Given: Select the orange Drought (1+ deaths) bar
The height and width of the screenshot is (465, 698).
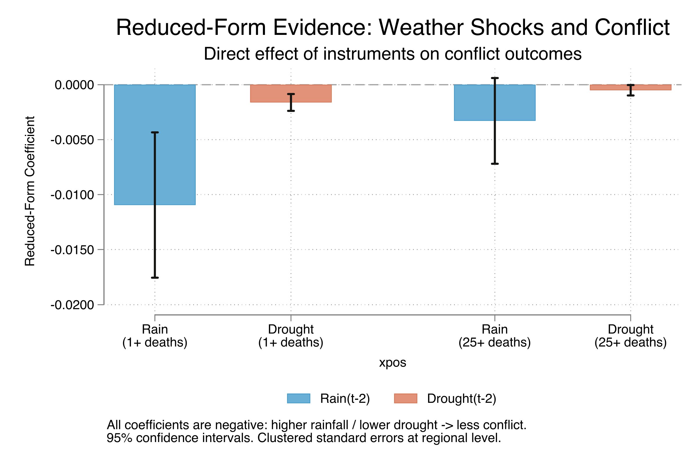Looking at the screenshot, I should click(267, 94).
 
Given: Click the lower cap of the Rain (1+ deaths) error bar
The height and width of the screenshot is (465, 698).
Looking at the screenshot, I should click(155, 278).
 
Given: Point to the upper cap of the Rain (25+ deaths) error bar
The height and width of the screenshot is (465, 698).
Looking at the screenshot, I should click(495, 78).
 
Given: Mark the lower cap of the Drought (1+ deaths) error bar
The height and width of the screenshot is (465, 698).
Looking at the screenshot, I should click(291, 111).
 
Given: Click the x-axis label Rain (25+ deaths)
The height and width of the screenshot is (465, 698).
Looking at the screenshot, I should click(495, 336).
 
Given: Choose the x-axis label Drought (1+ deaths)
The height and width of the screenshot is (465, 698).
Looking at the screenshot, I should click(291, 336).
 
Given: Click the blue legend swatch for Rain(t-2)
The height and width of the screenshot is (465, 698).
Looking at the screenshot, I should click(299, 398).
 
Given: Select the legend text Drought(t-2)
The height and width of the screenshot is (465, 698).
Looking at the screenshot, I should click(462, 398).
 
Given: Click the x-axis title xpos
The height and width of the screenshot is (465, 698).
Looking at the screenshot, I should click(393, 362).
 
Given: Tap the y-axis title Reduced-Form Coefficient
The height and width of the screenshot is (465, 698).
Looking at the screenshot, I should click(30, 191).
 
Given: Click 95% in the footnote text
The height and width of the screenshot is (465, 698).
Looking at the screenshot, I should click(119, 438).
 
